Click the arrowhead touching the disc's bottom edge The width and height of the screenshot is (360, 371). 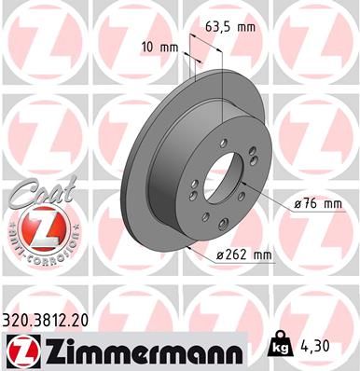point(189,249)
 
